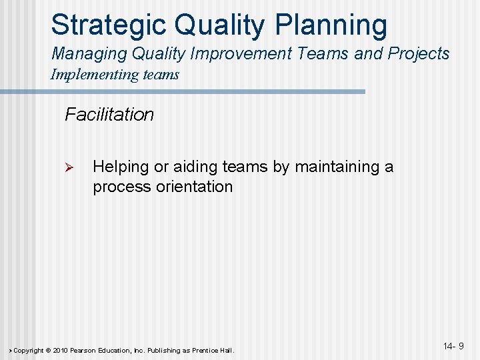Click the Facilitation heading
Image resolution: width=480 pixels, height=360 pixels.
(x=109, y=115)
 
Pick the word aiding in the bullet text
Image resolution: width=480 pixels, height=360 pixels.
(x=195, y=167)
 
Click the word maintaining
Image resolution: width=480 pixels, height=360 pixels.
(x=337, y=167)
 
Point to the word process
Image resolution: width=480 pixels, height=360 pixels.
(x=122, y=187)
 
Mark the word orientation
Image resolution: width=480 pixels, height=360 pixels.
(x=194, y=187)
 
